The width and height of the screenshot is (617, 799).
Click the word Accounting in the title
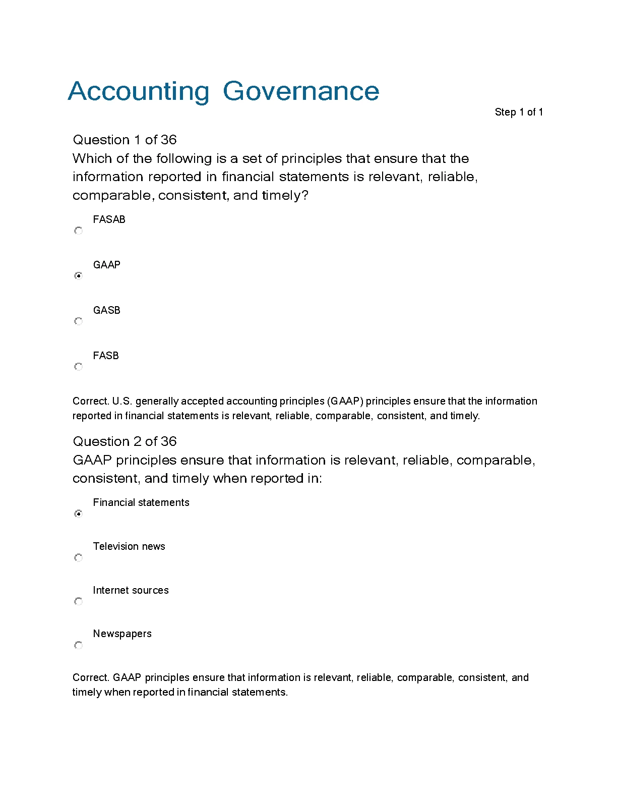coord(138,92)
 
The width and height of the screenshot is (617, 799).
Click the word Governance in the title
coord(300,91)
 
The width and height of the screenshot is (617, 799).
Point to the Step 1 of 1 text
coord(518,112)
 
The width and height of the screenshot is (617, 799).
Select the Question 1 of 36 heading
coord(125,140)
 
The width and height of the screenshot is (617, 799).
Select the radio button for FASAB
coord(78,231)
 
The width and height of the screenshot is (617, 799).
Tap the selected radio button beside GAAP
coord(78,276)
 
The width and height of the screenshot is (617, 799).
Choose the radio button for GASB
coord(78,321)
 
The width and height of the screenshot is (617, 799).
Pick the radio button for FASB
coord(78,367)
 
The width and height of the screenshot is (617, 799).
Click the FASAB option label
coord(109,219)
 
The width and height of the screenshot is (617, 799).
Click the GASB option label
coord(106,310)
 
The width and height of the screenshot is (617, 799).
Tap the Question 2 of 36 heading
coord(125,441)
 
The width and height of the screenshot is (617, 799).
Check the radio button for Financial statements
coord(78,513)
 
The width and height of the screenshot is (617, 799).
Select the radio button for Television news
coord(78,557)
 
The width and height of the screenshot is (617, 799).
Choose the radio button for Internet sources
coord(78,601)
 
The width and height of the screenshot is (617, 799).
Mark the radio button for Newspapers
coord(78,645)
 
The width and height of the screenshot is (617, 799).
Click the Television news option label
coord(129,546)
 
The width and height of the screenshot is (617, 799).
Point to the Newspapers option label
coord(122,634)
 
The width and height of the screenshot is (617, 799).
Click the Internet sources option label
coord(131,590)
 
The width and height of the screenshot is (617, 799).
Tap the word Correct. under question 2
coord(91,677)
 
